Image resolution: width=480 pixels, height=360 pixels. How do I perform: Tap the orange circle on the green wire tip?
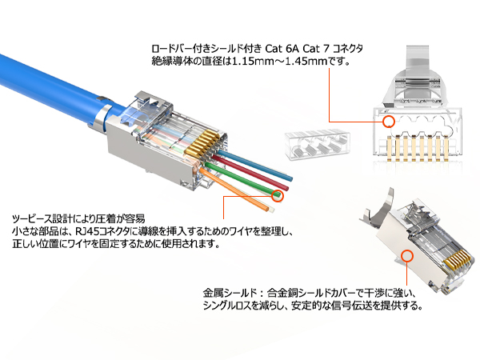coord(278,194)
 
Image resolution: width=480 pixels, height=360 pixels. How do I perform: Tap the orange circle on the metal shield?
coord(408,257)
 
